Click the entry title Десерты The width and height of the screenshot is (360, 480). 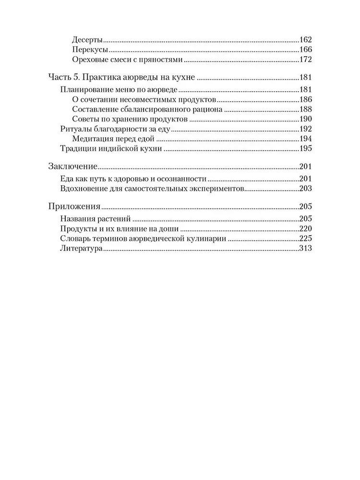click(88, 40)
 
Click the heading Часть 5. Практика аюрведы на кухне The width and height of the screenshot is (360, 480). click(123, 77)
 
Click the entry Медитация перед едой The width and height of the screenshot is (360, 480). click(108, 139)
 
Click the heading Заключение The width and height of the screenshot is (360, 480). click(73, 167)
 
